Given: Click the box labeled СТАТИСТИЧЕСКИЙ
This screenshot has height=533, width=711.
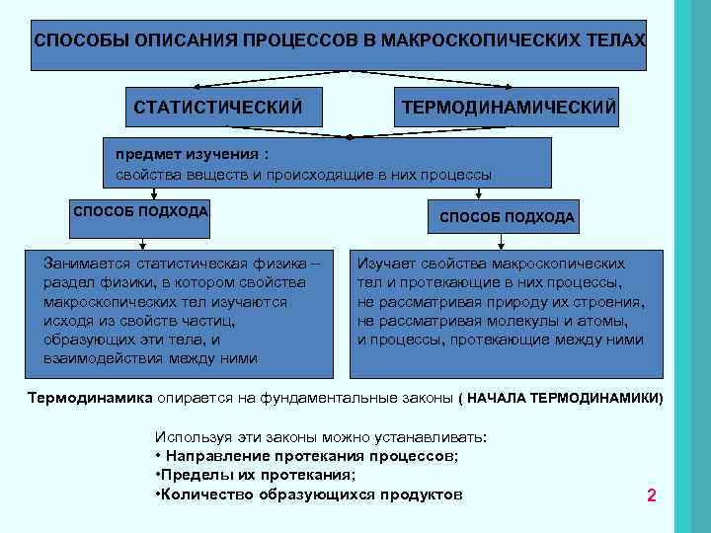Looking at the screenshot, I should [x=217, y=105].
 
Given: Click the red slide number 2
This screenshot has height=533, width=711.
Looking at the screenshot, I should [x=652, y=495].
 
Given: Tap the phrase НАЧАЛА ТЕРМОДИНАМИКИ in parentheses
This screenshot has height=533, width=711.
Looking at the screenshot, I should [x=563, y=398].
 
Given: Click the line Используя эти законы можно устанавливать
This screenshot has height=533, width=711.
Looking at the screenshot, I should [x=322, y=436].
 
